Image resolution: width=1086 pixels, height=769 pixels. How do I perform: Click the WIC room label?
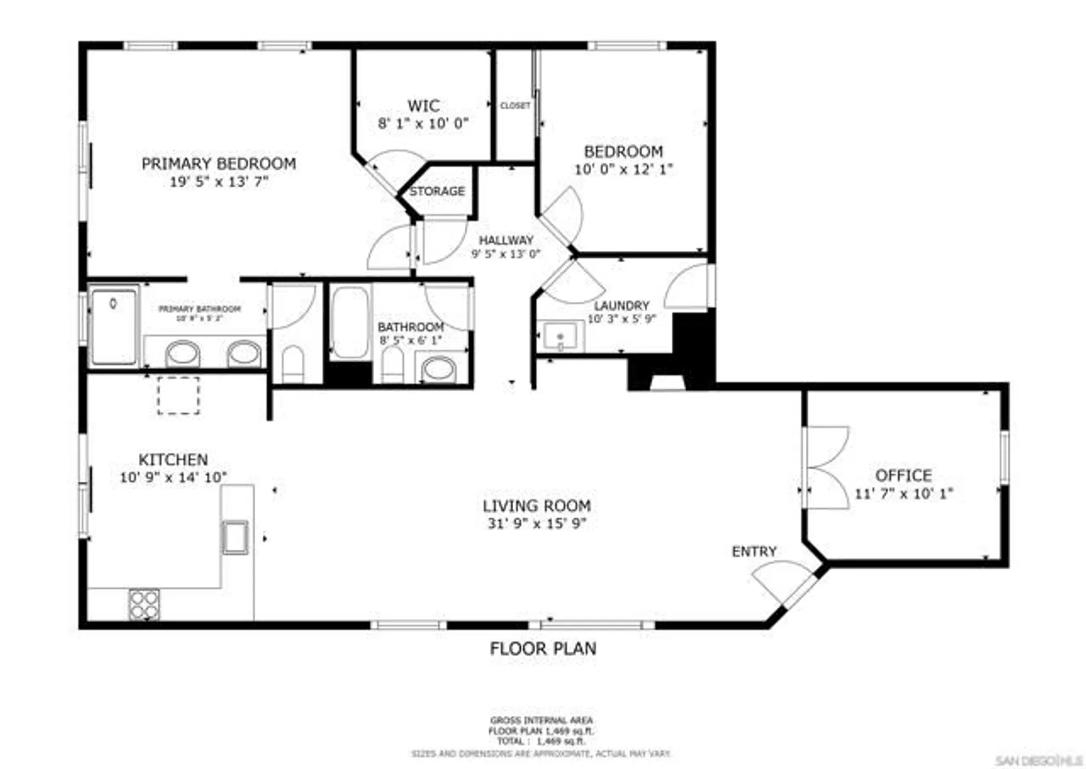[x=424, y=105]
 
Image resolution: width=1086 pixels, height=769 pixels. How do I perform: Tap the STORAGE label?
[x=437, y=191]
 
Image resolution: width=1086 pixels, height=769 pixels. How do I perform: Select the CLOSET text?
[x=515, y=105]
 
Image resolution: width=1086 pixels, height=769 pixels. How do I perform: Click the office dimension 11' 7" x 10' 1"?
[x=904, y=494]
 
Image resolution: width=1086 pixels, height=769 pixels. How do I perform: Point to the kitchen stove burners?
[x=144, y=604]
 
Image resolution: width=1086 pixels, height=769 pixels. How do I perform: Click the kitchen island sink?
[x=235, y=537]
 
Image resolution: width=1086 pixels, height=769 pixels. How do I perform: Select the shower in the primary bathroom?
[x=113, y=327]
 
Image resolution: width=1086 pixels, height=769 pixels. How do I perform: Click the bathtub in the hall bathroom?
[x=350, y=323]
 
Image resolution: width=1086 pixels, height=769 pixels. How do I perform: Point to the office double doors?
[x=825, y=468]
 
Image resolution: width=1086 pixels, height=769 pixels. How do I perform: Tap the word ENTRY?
[x=754, y=552]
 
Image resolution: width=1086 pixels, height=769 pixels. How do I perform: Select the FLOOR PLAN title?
[x=543, y=648]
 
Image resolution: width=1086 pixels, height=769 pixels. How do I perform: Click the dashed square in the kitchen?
[x=179, y=395]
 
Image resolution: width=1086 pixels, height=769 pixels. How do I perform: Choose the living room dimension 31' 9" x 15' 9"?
[x=536, y=524]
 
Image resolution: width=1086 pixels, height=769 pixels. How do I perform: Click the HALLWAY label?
[x=506, y=240]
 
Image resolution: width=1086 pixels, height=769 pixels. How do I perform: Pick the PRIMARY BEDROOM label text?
[x=219, y=163]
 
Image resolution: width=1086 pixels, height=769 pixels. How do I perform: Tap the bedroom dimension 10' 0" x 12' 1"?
[x=623, y=169]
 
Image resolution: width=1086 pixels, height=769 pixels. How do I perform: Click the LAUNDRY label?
[x=621, y=306]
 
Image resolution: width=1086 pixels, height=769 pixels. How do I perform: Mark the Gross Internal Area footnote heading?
[x=541, y=721]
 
